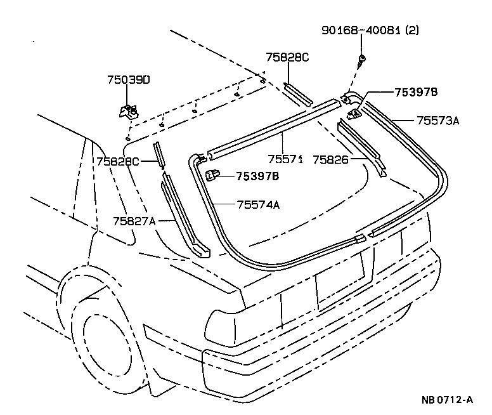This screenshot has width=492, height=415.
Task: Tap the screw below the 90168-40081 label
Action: pyautogui.click(x=362, y=61)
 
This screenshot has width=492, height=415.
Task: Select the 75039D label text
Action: pyautogui.click(x=128, y=80)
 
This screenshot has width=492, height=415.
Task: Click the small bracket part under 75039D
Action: pyautogui.click(x=129, y=111)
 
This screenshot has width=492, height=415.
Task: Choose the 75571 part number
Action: pyautogui.click(x=285, y=160)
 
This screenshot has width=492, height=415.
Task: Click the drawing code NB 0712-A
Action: pyautogui.click(x=448, y=400)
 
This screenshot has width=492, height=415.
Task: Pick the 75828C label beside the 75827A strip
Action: pyautogui.click(x=118, y=162)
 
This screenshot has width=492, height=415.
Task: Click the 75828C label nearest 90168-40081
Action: pyautogui.click(x=287, y=57)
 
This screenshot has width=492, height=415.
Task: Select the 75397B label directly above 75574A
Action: pyautogui.click(x=257, y=176)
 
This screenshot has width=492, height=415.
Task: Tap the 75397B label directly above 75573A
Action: pyautogui.click(x=416, y=93)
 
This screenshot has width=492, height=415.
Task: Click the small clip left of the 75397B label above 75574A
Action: pyautogui.click(x=213, y=174)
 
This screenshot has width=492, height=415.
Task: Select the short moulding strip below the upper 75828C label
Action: pyautogui.click(x=297, y=93)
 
